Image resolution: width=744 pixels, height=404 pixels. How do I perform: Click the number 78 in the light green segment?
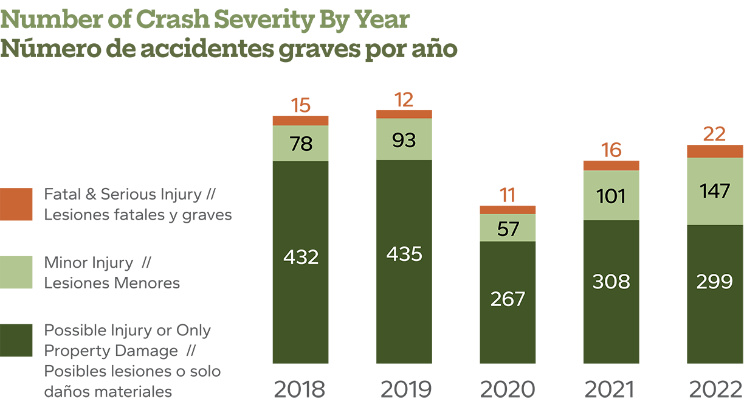pos(301,144)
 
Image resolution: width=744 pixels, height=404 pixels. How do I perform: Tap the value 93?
pos(404,140)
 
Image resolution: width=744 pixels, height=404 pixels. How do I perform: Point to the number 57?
pos(508,229)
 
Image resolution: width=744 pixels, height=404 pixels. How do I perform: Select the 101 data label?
pos(611,197)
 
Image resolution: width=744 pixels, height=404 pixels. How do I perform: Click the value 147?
pos(714,192)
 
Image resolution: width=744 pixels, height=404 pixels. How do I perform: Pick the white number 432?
pos(301,257)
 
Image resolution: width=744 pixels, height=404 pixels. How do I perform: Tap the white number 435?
pos(404,254)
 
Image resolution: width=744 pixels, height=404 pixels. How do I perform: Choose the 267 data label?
pos(508,299)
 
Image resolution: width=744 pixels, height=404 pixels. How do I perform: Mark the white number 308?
pos(611,282)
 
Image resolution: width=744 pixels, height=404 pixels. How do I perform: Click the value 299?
pos(714,282)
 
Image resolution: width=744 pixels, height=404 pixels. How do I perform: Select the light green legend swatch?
pos(18,263)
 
